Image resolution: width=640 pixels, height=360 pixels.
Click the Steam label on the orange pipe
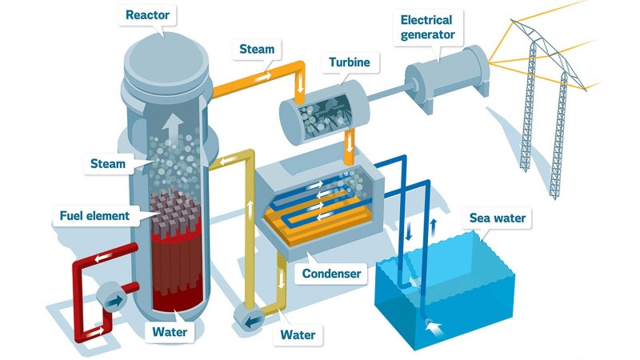click(256, 50)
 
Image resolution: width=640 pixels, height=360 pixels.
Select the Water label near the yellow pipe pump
click(298, 334)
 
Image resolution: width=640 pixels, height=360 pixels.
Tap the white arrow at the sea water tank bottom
click(432, 327)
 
